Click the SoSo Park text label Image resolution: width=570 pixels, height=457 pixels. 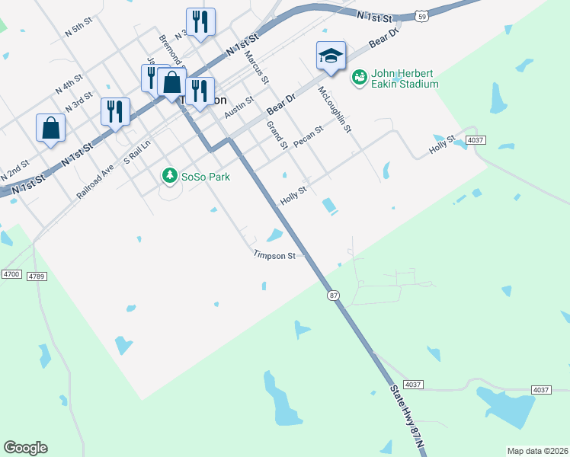click(x=205, y=177)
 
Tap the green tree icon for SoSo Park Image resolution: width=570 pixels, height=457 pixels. click(x=169, y=177)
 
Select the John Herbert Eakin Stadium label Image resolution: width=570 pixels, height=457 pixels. click(x=405, y=78)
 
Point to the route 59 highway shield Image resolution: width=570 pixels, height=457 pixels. click(x=421, y=14)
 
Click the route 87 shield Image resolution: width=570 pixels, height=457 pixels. click(x=332, y=295)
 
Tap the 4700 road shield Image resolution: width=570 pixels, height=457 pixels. click(x=11, y=273)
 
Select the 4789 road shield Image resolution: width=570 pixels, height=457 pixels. click(x=36, y=276)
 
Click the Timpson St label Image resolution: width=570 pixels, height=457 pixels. click(x=274, y=257)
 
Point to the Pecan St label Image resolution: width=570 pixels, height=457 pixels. click(x=309, y=136)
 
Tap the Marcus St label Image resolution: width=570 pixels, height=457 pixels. click(x=257, y=67)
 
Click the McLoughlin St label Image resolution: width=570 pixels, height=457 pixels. click(x=335, y=110)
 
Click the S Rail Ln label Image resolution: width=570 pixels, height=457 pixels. click(x=137, y=150)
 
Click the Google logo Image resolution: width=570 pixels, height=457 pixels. click(x=25, y=448)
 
